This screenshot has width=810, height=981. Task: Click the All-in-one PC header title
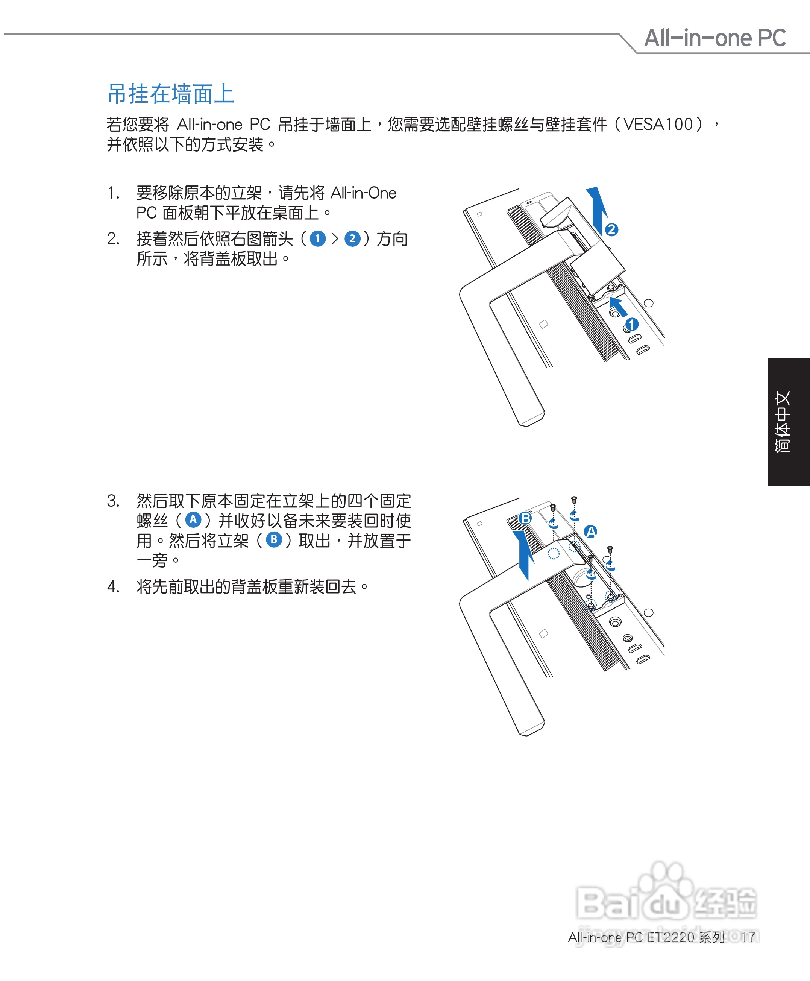pos(715,38)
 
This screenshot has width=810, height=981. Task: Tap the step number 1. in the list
pos(114,193)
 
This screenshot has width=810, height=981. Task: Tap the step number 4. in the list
pos(114,587)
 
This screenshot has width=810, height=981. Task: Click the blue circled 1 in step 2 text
pos(318,239)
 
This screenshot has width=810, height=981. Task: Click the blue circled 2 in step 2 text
pos(352,239)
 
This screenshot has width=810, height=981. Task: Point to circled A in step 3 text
pos(193,520)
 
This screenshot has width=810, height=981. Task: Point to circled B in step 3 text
pos(274,540)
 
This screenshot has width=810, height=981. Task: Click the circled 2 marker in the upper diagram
pos(611,229)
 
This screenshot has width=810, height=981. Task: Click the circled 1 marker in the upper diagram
pos(632,324)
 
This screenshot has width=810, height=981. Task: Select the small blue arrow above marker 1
pos(618,307)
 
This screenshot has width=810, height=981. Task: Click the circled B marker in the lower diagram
pos(526,518)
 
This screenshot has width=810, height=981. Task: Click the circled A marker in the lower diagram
pos(591,532)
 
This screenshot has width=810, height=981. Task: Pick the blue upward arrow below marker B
pos(526,555)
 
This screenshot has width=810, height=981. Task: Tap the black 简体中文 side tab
pos(788,422)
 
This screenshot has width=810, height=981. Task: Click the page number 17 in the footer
pos(748,937)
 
